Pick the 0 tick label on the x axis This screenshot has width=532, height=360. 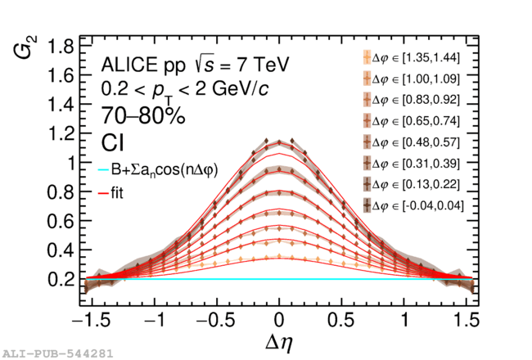[279, 319]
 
